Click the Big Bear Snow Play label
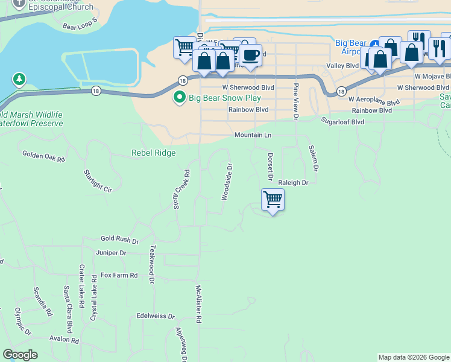coord(225,98)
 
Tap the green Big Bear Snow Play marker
coord(179,97)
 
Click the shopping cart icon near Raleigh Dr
coord(273,200)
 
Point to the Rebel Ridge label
coord(154,153)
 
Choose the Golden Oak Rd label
coord(43,156)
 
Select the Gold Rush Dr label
coord(119,240)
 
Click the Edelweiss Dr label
coord(156,316)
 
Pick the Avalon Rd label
coord(65,340)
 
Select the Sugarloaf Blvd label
coord(342,121)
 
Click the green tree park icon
coord(19,79)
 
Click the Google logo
coord(20,355)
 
